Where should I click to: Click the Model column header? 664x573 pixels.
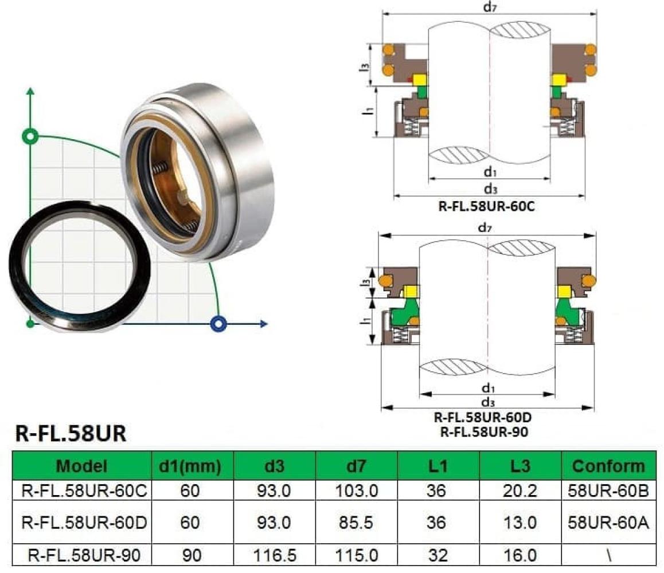[x=82, y=466]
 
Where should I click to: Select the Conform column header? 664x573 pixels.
[x=608, y=466]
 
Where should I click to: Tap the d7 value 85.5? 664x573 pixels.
[x=356, y=523]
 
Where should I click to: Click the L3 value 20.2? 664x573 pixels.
[x=520, y=491]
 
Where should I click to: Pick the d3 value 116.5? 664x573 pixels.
[x=275, y=555]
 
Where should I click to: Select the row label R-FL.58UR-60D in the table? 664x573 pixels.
[x=84, y=523]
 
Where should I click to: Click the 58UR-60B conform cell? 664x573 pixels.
[x=608, y=491]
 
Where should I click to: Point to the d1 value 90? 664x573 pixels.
[x=192, y=555]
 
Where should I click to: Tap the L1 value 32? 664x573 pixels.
[x=438, y=555]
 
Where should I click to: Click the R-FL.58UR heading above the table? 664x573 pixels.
[x=71, y=434]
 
